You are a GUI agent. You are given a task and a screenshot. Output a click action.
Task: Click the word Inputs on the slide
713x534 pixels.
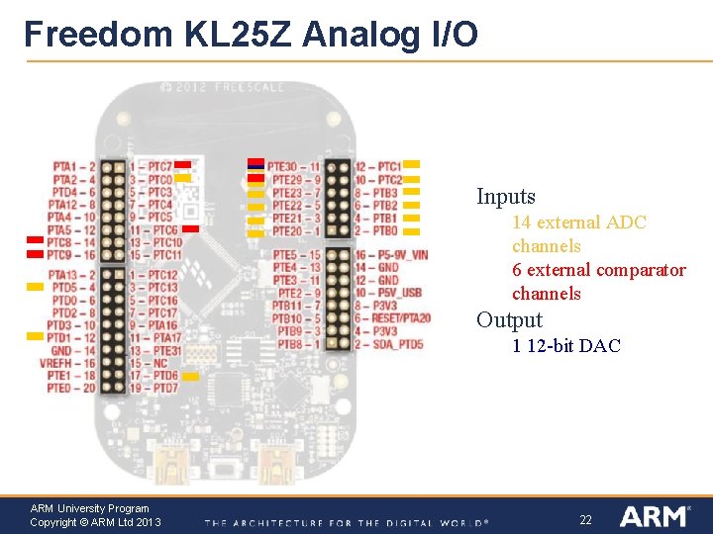pyautogui.click(x=505, y=197)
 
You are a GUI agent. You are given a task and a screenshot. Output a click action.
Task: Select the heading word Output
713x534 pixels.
pyautogui.click(x=509, y=320)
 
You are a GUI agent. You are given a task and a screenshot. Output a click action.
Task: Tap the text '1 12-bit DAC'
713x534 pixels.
pyautogui.click(x=565, y=346)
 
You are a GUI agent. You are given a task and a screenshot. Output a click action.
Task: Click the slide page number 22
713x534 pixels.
pyautogui.click(x=585, y=519)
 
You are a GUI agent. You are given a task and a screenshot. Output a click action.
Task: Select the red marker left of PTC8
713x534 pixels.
pyautogui.click(x=35, y=241)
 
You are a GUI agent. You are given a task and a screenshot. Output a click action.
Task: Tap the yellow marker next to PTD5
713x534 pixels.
pyautogui.click(x=35, y=287)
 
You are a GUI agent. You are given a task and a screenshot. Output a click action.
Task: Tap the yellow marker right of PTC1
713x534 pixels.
pyautogui.click(x=412, y=164)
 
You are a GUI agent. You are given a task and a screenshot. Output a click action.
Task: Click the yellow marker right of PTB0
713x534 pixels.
pyautogui.click(x=412, y=230)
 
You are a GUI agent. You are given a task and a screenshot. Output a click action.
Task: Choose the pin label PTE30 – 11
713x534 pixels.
pyautogui.click(x=294, y=167)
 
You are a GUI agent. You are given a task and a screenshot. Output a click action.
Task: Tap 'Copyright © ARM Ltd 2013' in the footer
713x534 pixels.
pyautogui.click(x=96, y=522)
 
